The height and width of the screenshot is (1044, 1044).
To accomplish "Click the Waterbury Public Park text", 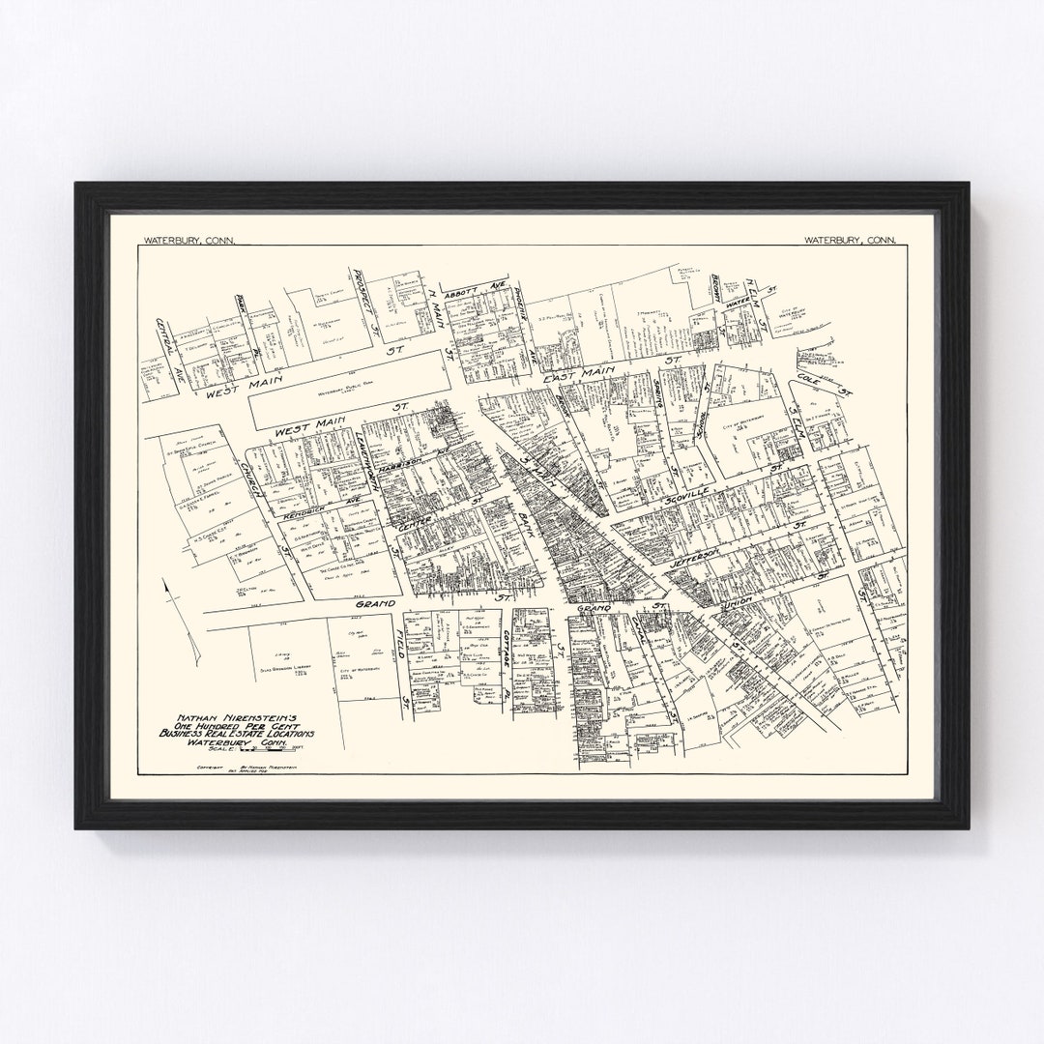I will (348, 391).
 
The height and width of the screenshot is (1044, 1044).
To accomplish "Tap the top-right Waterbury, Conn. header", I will (850, 239).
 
